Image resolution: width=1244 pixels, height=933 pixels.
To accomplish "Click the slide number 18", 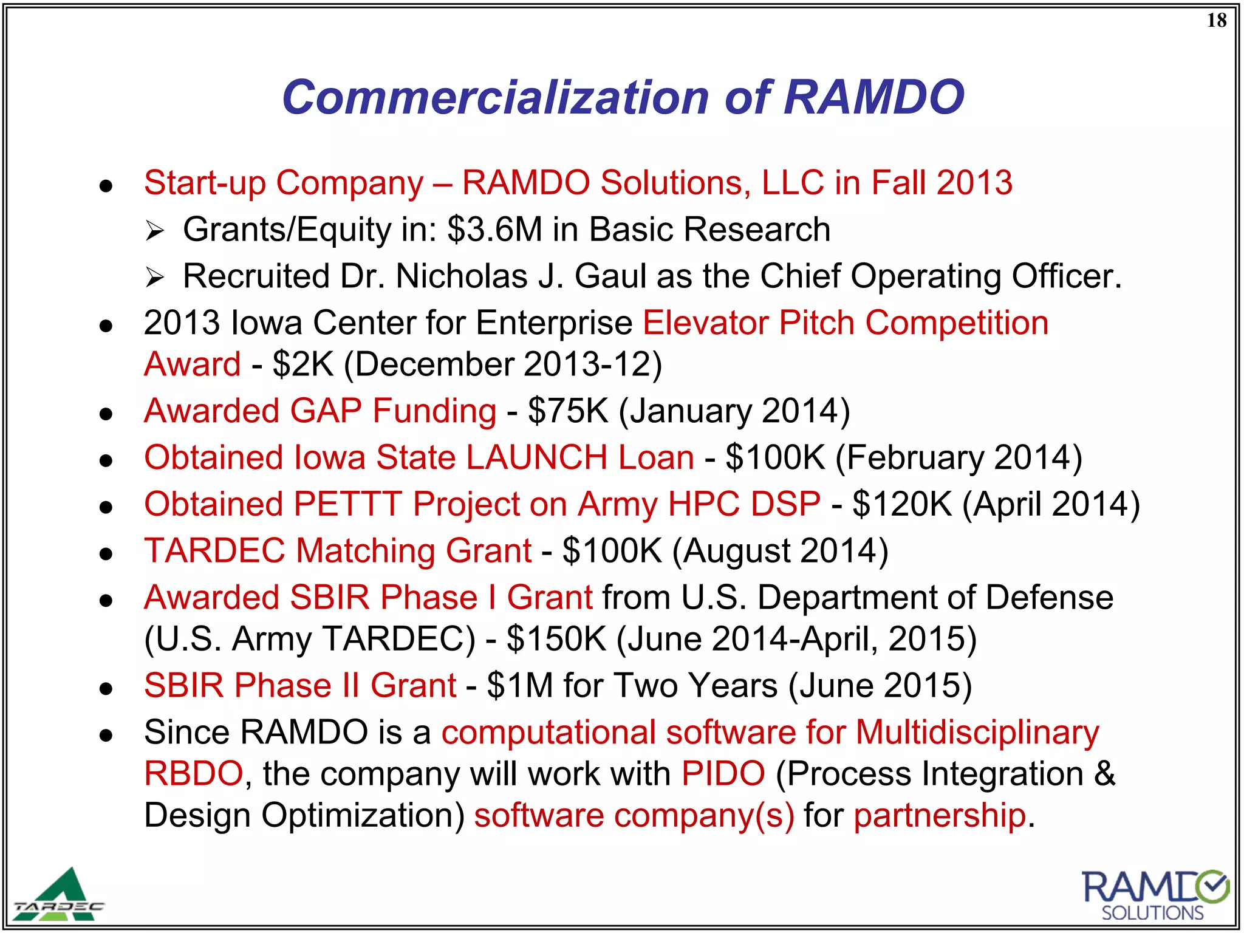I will (x=1216, y=21).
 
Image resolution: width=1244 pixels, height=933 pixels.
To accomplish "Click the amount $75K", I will (x=567, y=411).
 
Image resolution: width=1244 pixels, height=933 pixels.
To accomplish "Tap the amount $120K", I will (x=902, y=504).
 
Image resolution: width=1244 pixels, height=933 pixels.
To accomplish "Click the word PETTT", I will (x=347, y=504).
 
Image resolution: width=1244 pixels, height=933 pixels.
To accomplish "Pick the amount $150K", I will (x=556, y=639).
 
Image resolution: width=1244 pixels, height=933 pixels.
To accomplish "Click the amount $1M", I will (x=520, y=686).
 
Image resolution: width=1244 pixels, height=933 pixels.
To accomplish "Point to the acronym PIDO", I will (x=723, y=774).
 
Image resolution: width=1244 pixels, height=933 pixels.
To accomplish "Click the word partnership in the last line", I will (x=940, y=815).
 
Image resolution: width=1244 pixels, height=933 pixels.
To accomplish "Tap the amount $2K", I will (x=303, y=364).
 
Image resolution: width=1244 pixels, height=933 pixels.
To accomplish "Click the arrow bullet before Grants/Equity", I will (x=155, y=231).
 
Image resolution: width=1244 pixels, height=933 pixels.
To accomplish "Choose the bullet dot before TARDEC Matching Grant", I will (x=106, y=553).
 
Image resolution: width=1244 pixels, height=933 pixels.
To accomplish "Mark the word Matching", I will (x=365, y=551).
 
